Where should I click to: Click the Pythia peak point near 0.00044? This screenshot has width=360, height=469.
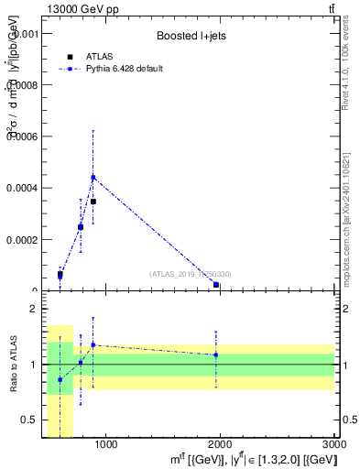click(93, 177)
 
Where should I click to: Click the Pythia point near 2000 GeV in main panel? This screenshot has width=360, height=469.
click(215, 285)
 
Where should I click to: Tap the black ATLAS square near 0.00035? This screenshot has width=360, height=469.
click(93, 201)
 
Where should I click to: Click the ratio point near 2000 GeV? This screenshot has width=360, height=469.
click(215, 354)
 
